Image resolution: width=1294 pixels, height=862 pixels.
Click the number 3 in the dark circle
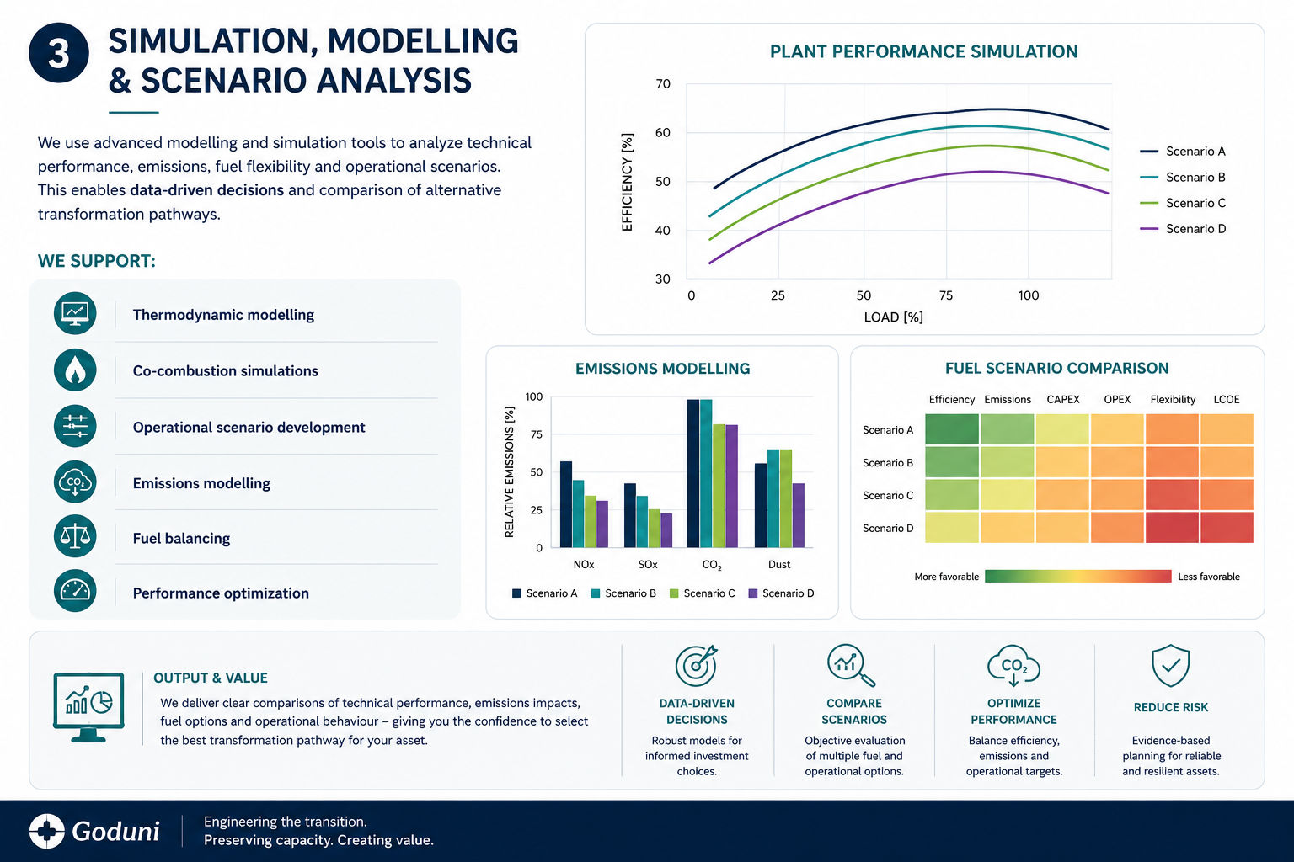point(59,55)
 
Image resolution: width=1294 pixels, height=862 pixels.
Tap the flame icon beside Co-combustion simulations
point(75,370)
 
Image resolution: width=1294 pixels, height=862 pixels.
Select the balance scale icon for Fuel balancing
point(75,536)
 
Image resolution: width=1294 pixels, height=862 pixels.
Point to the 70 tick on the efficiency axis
point(663,84)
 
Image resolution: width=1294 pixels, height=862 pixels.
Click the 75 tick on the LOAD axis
point(946,295)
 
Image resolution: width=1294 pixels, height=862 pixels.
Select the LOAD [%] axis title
point(893,317)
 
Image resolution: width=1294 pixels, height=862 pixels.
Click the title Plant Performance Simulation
point(923,52)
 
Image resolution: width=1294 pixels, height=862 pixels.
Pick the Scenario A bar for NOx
point(566,504)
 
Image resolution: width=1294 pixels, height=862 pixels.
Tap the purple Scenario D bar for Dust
point(799,515)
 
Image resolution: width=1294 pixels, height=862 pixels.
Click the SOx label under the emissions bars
point(648,565)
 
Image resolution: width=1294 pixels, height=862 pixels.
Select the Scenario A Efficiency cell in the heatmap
point(951,429)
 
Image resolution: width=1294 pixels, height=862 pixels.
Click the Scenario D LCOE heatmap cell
point(1227,527)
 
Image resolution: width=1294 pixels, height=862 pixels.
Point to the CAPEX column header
point(1063,400)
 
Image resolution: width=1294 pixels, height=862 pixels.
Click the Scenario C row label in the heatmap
point(888,495)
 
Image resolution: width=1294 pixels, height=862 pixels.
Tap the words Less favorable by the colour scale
point(1209,576)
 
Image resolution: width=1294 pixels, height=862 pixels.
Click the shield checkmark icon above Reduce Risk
point(1170,666)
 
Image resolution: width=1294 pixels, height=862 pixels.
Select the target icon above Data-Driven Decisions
point(697,666)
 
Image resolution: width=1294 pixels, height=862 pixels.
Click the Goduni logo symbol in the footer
point(47,832)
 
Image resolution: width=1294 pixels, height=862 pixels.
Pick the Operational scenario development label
point(249,428)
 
